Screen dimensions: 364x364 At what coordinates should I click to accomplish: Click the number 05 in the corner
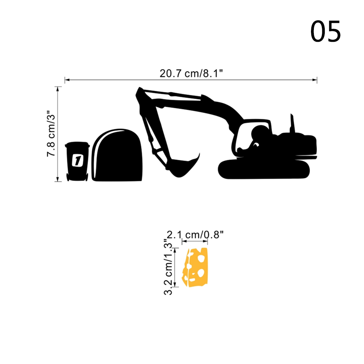pyautogui.click(x=325, y=31)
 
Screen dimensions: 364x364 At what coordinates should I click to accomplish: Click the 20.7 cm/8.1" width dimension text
pyautogui.click(x=191, y=73)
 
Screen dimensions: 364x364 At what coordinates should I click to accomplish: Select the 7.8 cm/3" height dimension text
pyautogui.click(x=51, y=133)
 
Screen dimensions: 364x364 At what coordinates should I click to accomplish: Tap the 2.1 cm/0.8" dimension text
pyautogui.click(x=195, y=235)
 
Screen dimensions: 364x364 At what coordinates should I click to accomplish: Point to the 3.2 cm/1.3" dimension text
pyautogui.click(x=169, y=267)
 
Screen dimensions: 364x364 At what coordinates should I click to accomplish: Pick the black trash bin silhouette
pyautogui.click(x=77, y=161)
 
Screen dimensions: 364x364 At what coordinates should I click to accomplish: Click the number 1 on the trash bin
pyautogui.click(x=77, y=160)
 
